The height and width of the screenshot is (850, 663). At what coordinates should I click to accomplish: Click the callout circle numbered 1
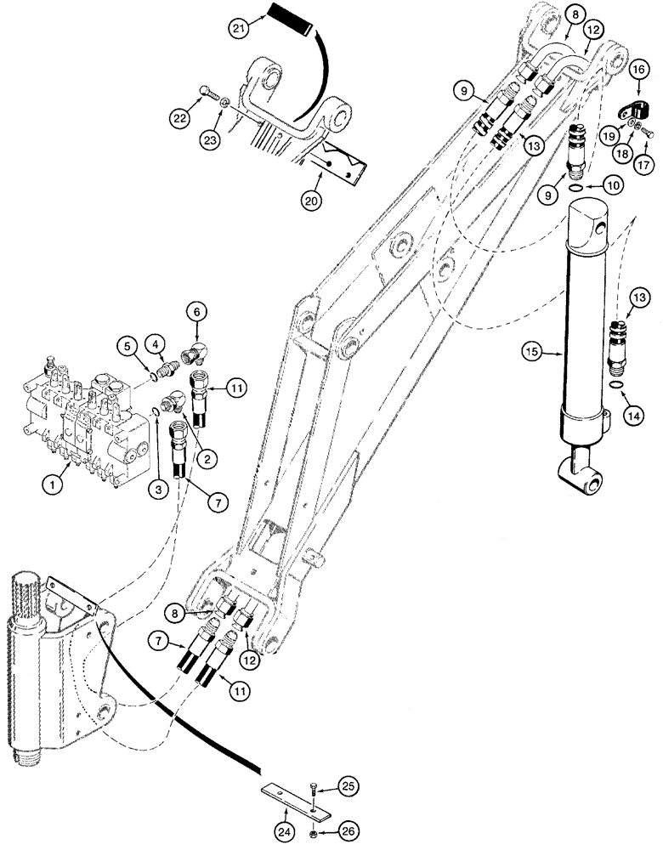tap(54, 486)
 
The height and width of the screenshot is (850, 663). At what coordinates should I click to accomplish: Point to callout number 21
tap(241, 31)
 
